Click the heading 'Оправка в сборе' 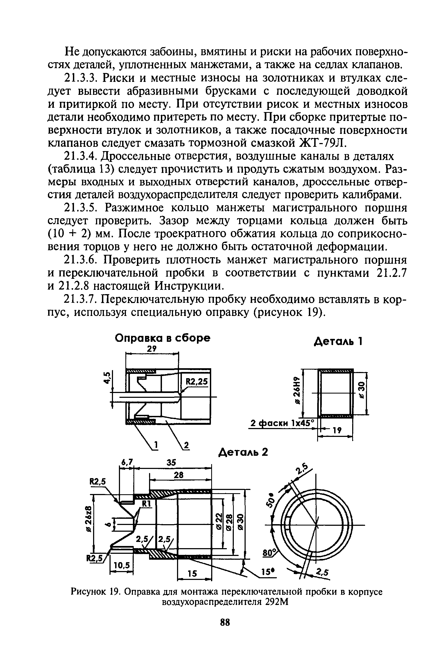162,338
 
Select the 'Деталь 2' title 243,452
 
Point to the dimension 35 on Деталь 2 171,462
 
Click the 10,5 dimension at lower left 121,565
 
